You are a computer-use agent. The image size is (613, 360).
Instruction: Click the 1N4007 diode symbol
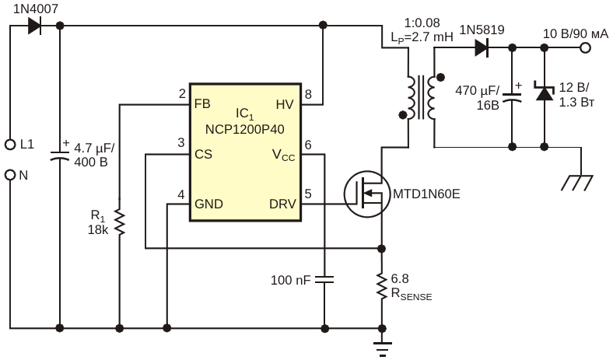[33, 26]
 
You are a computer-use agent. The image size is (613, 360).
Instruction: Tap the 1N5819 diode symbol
[482, 48]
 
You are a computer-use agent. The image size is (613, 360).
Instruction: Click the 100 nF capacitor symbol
[325, 278]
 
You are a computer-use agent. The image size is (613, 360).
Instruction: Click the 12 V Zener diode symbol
[545, 93]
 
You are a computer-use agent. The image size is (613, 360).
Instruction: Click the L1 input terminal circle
[10, 145]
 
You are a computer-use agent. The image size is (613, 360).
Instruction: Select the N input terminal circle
[10, 175]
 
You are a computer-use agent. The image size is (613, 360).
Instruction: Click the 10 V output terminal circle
[585, 48]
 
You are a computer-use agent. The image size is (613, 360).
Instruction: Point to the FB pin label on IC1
[201, 103]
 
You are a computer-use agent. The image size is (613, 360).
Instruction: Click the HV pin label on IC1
[283, 103]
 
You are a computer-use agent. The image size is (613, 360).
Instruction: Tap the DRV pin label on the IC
[280, 204]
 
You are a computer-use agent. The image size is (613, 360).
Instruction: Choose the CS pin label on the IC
[203, 154]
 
